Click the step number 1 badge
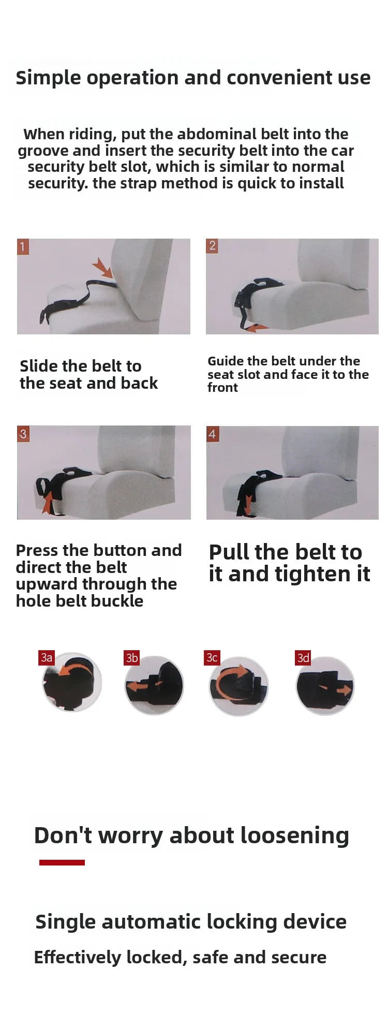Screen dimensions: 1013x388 [x=22, y=246]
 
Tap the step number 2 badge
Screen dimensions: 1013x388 [x=212, y=245]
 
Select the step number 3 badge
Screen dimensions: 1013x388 [x=23, y=433]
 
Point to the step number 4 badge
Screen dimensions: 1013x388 [x=212, y=434]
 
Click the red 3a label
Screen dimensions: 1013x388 [x=47, y=657]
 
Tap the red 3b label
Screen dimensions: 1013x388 [x=132, y=657]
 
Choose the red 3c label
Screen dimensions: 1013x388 [x=212, y=657]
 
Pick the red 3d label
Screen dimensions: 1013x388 [x=303, y=657]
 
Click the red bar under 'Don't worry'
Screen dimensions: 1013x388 [x=62, y=862]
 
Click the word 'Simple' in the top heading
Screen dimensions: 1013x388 [x=49, y=78]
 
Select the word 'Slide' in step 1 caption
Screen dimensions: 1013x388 [x=38, y=366]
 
